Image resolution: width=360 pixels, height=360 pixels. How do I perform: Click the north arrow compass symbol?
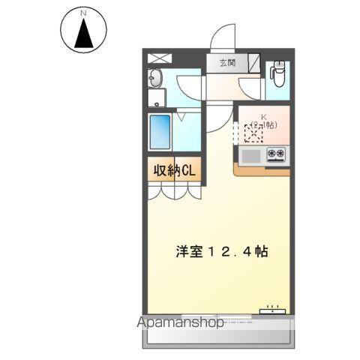coord(83,32)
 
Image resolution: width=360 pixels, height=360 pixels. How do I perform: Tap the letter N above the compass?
coord(83,13)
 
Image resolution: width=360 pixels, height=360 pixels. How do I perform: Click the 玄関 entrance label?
coord(227,63)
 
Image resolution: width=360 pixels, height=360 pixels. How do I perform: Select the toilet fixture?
coord(278,75)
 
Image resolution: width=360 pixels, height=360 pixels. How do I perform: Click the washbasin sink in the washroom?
coord(155,79)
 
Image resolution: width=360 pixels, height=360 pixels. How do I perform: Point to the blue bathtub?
coord(159,132)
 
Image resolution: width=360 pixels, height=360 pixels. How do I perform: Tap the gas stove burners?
coord(275,155)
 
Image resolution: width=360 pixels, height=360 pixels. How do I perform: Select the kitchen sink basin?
coord(251,155)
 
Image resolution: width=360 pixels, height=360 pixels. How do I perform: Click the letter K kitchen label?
coord(263,116)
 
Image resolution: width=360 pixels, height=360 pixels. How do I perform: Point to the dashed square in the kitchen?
coord(254,133)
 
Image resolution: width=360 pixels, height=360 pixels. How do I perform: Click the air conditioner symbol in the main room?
coord(273,310)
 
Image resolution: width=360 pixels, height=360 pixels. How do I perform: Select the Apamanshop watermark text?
coord(180,323)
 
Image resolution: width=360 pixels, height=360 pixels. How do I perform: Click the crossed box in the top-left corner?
coord(158,58)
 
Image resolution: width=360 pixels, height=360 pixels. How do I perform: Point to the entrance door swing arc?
coord(223,37)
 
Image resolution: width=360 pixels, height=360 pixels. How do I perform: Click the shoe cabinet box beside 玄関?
coord(253,63)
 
